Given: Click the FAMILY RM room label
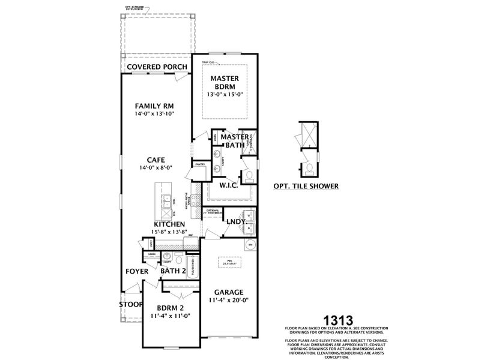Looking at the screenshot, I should pos(154,105).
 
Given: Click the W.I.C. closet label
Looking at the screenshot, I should pos(229,185).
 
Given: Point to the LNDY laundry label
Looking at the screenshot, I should pos(235,221).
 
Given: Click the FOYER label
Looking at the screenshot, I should pos(137,271).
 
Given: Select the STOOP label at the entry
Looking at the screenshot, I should pos(130,304).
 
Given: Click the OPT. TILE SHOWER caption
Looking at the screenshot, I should pos(306,186).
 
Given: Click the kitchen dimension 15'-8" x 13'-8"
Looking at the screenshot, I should pos(168,232).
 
